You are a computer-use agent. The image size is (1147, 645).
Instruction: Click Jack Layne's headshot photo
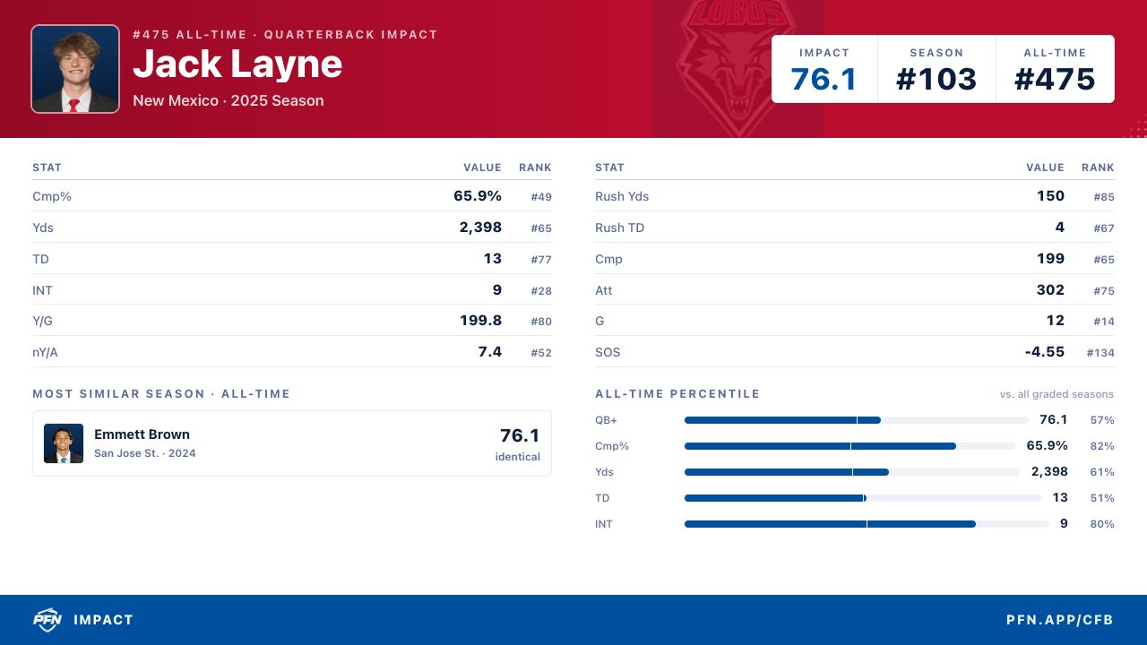click(75, 69)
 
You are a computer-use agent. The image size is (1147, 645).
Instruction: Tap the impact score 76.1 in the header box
click(824, 80)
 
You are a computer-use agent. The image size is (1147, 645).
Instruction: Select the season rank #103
click(936, 80)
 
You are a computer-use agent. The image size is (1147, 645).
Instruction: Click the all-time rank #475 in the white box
click(1055, 80)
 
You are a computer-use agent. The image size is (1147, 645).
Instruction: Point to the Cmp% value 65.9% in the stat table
click(478, 196)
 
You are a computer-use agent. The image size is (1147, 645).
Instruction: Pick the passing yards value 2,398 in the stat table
click(480, 228)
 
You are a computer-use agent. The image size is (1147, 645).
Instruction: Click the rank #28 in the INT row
click(541, 291)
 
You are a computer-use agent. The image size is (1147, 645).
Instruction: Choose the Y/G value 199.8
click(480, 321)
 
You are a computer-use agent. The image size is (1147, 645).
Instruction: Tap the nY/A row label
click(45, 352)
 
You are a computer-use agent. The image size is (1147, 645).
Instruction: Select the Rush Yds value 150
click(1051, 196)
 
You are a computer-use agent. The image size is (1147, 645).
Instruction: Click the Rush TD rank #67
click(1104, 228)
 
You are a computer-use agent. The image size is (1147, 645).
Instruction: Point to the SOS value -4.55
click(1045, 352)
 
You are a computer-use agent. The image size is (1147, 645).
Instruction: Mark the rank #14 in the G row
click(1104, 322)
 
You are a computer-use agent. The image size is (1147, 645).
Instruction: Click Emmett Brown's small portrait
click(64, 443)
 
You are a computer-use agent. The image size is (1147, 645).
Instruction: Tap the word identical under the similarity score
click(517, 457)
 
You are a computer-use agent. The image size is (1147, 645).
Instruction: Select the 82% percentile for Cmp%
click(1102, 446)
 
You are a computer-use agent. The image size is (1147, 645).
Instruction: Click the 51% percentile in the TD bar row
click(1102, 497)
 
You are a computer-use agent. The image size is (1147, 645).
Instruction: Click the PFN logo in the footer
click(47, 620)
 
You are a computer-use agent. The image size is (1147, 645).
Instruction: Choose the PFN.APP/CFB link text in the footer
click(1059, 620)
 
